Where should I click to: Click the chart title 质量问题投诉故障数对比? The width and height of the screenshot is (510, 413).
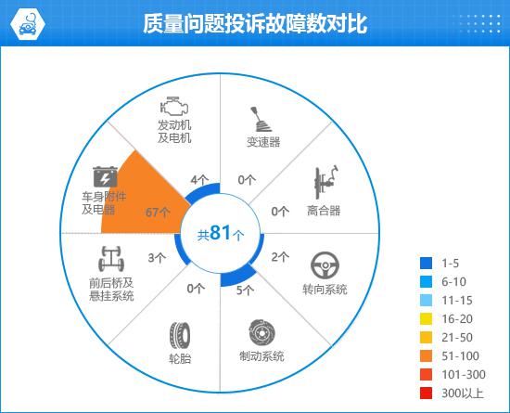255,23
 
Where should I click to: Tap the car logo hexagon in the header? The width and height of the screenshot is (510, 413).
28,24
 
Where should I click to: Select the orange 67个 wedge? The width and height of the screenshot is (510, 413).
143,199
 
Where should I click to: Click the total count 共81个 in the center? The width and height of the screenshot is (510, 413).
221,233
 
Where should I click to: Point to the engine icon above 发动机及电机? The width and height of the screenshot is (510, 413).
174,106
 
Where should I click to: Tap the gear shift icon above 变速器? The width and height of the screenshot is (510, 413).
261,119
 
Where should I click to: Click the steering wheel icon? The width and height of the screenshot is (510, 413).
325,265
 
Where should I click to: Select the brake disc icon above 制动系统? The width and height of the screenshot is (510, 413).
262,333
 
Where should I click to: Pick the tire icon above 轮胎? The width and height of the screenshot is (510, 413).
180,335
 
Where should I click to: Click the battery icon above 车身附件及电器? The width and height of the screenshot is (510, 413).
105,177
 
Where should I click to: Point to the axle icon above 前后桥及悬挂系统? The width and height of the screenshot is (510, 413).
111,259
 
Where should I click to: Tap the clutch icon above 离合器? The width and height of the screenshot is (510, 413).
325,182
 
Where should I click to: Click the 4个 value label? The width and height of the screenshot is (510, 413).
199,180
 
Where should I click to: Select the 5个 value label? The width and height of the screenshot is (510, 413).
245,290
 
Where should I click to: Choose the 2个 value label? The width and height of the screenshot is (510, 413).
280,257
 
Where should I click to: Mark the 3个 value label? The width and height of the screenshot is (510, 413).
157,258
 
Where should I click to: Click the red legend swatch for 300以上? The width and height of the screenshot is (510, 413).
427,394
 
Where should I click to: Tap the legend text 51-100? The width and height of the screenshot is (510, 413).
460,356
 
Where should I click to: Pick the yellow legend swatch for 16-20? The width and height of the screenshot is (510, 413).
427,319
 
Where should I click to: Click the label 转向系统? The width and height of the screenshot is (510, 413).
325,290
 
